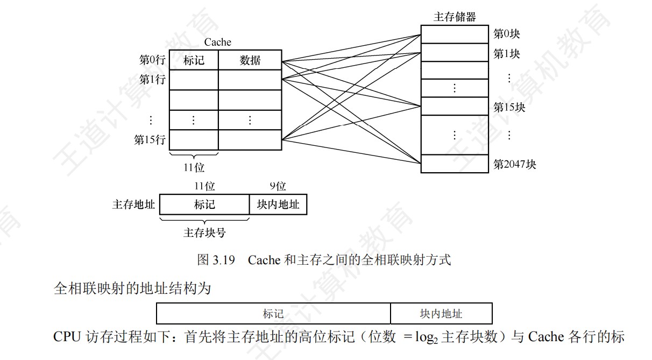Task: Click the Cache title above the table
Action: tap(217, 42)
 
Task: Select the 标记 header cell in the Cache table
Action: tap(194, 60)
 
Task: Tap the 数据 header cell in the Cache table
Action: tap(250, 60)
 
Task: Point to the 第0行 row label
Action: tap(152, 60)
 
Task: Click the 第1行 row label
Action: tap(152, 80)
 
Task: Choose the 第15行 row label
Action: tap(150, 140)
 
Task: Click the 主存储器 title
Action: tap(455, 17)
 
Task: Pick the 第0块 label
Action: tap(507, 34)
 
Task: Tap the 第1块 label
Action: tap(507, 54)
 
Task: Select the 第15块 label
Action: tap(509, 107)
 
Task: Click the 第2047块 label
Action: tap(515, 164)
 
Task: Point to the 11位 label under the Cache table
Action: tap(194, 168)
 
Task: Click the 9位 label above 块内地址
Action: tap(278, 186)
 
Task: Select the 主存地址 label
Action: tap(133, 204)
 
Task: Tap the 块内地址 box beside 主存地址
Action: tap(278, 204)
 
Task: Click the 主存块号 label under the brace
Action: tap(204, 232)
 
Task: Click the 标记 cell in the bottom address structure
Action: tap(273, 314)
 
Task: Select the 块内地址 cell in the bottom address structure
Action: tap(441, 314)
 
